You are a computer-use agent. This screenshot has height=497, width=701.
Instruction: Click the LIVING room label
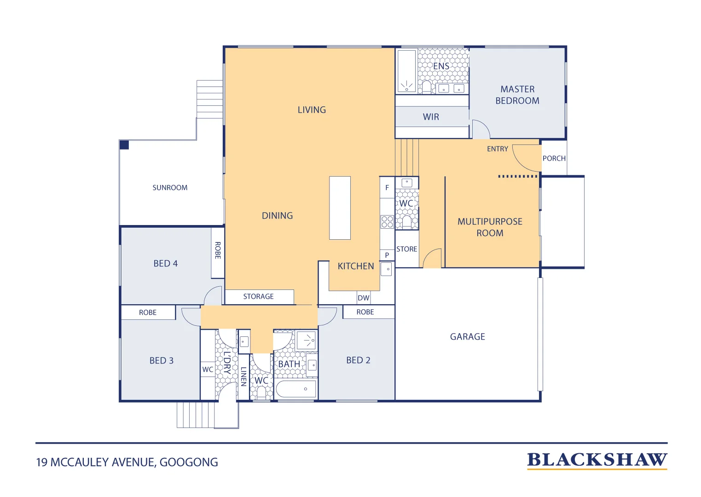click(312, 110)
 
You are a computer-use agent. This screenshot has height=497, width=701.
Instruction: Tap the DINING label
click(277, 216)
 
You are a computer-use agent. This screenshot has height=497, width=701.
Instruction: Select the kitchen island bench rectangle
click(340, 208)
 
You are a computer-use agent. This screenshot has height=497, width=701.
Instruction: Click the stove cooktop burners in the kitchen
click(387, 222)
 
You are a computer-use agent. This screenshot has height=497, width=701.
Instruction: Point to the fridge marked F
click(387, 188)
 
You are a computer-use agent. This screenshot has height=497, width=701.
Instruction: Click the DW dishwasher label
click(363, 298)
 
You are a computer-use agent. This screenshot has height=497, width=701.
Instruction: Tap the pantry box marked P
click(387, 255)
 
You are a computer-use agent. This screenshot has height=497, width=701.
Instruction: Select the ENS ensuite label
click(441, 66)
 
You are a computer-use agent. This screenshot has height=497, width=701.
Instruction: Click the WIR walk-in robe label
click(431, 117)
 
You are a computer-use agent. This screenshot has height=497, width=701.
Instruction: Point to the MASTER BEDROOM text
click(517, 95)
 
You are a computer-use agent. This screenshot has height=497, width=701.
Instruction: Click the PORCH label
click(554, 158)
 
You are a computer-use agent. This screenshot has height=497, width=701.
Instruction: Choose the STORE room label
click(407, 249)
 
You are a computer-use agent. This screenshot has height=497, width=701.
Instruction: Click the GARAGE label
click(468, 337)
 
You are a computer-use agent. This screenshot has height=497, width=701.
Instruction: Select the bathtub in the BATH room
click(296, 389)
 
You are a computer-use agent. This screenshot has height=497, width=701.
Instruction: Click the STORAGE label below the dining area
click(259, 296)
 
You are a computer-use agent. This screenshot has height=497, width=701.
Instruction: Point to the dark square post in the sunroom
click(124, 145)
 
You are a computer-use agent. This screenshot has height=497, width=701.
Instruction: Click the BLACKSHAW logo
click(597, 460)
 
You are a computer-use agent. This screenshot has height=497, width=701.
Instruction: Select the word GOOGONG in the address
click(189, 462)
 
